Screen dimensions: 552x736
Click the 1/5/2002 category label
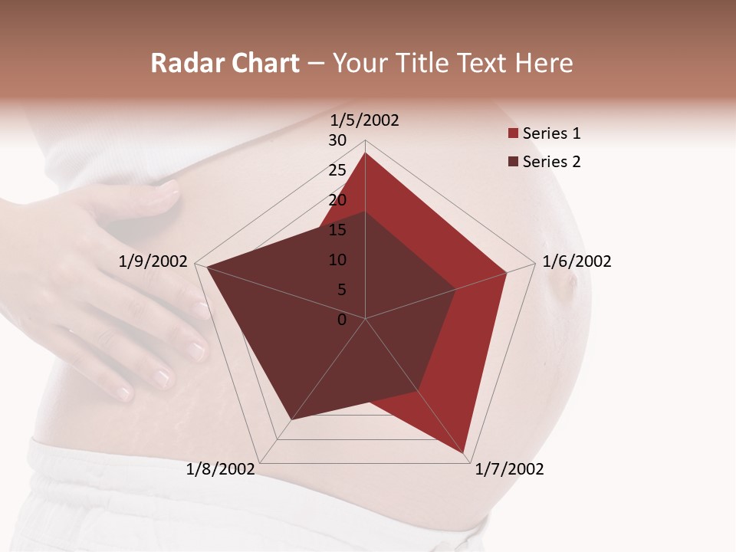(364, 120)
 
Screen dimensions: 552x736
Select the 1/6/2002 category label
(577, 261)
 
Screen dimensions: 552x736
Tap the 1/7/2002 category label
(509, 469)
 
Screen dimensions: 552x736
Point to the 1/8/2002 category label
(220, 469)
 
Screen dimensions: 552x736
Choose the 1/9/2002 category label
(153, 261)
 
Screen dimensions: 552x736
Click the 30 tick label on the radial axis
(337, 140)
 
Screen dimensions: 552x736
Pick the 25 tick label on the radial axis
(337, 170)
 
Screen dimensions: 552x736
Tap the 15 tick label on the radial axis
(337, 230)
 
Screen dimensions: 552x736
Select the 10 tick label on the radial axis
(337, 260)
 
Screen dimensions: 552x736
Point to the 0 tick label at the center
(342, 320)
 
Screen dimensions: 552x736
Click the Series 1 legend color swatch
(513, 134)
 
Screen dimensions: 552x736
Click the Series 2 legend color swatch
(513, 163)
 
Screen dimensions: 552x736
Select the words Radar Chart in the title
(225, 63)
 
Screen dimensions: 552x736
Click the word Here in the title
(544, 63)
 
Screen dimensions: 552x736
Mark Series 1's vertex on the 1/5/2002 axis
(365, 153)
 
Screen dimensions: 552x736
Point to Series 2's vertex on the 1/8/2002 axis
(291, 419)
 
